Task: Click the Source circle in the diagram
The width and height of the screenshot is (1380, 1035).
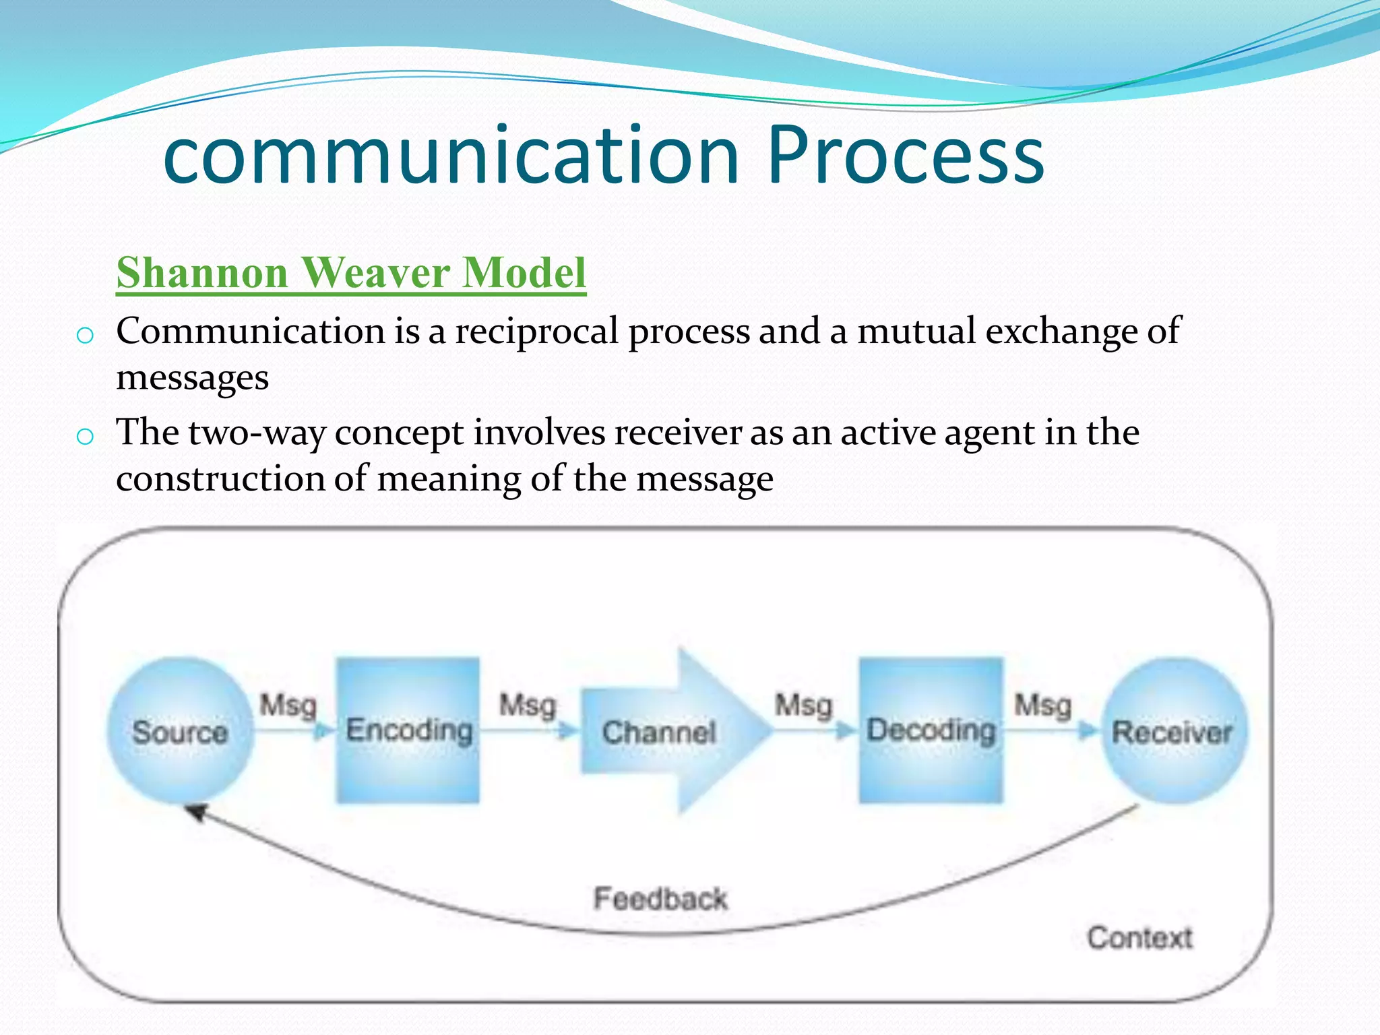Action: [179, 731]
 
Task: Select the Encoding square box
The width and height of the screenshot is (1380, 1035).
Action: [408, 731]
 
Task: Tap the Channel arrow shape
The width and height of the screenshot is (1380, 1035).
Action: [667, 732]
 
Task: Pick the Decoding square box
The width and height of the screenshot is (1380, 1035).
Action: [931, 731]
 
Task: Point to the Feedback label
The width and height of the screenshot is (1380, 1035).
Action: [660, 899]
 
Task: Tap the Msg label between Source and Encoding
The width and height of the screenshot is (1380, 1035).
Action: [288, 705]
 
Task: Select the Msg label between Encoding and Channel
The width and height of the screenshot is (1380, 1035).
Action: [528, 705]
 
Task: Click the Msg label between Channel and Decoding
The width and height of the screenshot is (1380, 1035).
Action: [804, 705]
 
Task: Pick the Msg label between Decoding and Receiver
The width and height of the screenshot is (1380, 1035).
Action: [1043, 705]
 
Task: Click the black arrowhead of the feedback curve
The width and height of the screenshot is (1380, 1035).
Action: [196, 812]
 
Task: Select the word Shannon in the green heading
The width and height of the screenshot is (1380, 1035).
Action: [202, 273]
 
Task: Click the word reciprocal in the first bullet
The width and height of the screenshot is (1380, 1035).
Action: [536, 332]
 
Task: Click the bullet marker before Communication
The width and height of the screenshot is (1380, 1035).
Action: [85, 335]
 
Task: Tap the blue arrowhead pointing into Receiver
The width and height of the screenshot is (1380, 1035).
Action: [1086, 730]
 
